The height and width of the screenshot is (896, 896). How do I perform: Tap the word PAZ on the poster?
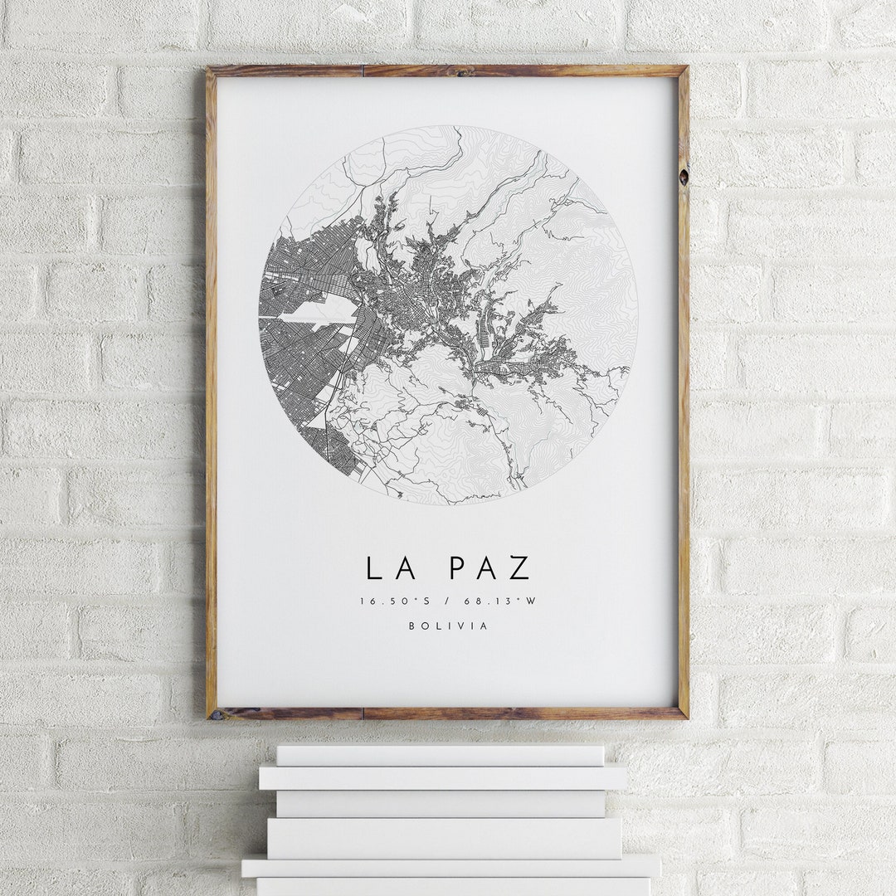[489, 568]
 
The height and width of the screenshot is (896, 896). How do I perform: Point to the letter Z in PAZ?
[519, 568]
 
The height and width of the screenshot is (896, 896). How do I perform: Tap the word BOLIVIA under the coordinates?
[448, 626]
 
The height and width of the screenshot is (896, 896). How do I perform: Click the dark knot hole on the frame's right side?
[684, 177]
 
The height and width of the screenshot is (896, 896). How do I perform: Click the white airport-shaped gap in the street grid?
[319, 312]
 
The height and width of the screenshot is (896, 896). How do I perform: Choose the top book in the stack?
[440, 755]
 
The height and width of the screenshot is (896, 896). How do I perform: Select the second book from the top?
[442, 777]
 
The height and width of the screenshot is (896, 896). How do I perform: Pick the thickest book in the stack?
[444, 838]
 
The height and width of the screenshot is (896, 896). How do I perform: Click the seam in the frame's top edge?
[363, 71]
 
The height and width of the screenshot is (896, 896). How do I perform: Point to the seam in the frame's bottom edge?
[363, 713]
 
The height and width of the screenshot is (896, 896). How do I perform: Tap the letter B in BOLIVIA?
[411, 626]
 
